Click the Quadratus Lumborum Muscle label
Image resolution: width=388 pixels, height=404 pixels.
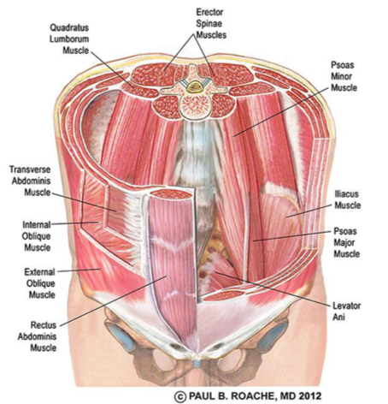click(69, 39)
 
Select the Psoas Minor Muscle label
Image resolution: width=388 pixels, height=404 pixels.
click(344, 76)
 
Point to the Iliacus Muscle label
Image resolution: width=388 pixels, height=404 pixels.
click(347, 199)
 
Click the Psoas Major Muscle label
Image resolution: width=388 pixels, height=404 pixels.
click(346, 242)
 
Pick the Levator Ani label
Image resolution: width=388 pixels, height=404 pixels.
click(347, 312)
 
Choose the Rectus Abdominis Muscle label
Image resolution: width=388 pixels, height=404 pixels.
click(38, 336)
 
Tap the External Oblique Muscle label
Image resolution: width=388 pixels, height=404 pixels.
click(39, 283)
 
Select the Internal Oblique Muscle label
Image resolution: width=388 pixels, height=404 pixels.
click(37, 236)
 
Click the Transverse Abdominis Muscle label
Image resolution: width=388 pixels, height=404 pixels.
click(30, 181)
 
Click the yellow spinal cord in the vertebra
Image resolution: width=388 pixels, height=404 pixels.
click(196, 86)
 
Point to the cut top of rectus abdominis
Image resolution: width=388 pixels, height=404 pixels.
click(171, 194)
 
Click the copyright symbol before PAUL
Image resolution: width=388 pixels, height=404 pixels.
click(179, 396)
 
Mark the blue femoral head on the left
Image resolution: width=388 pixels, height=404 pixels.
click(122, 336)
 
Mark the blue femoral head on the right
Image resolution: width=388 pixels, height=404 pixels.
click(272, 336)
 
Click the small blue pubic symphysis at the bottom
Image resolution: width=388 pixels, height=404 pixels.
click(197, 363)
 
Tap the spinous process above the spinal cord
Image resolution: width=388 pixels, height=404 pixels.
click(193, 71)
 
